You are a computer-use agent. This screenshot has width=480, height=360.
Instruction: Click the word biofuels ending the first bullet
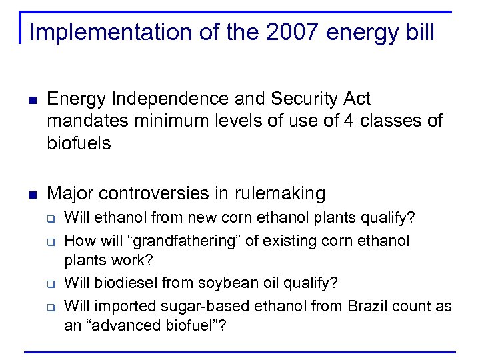coord(79,143)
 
